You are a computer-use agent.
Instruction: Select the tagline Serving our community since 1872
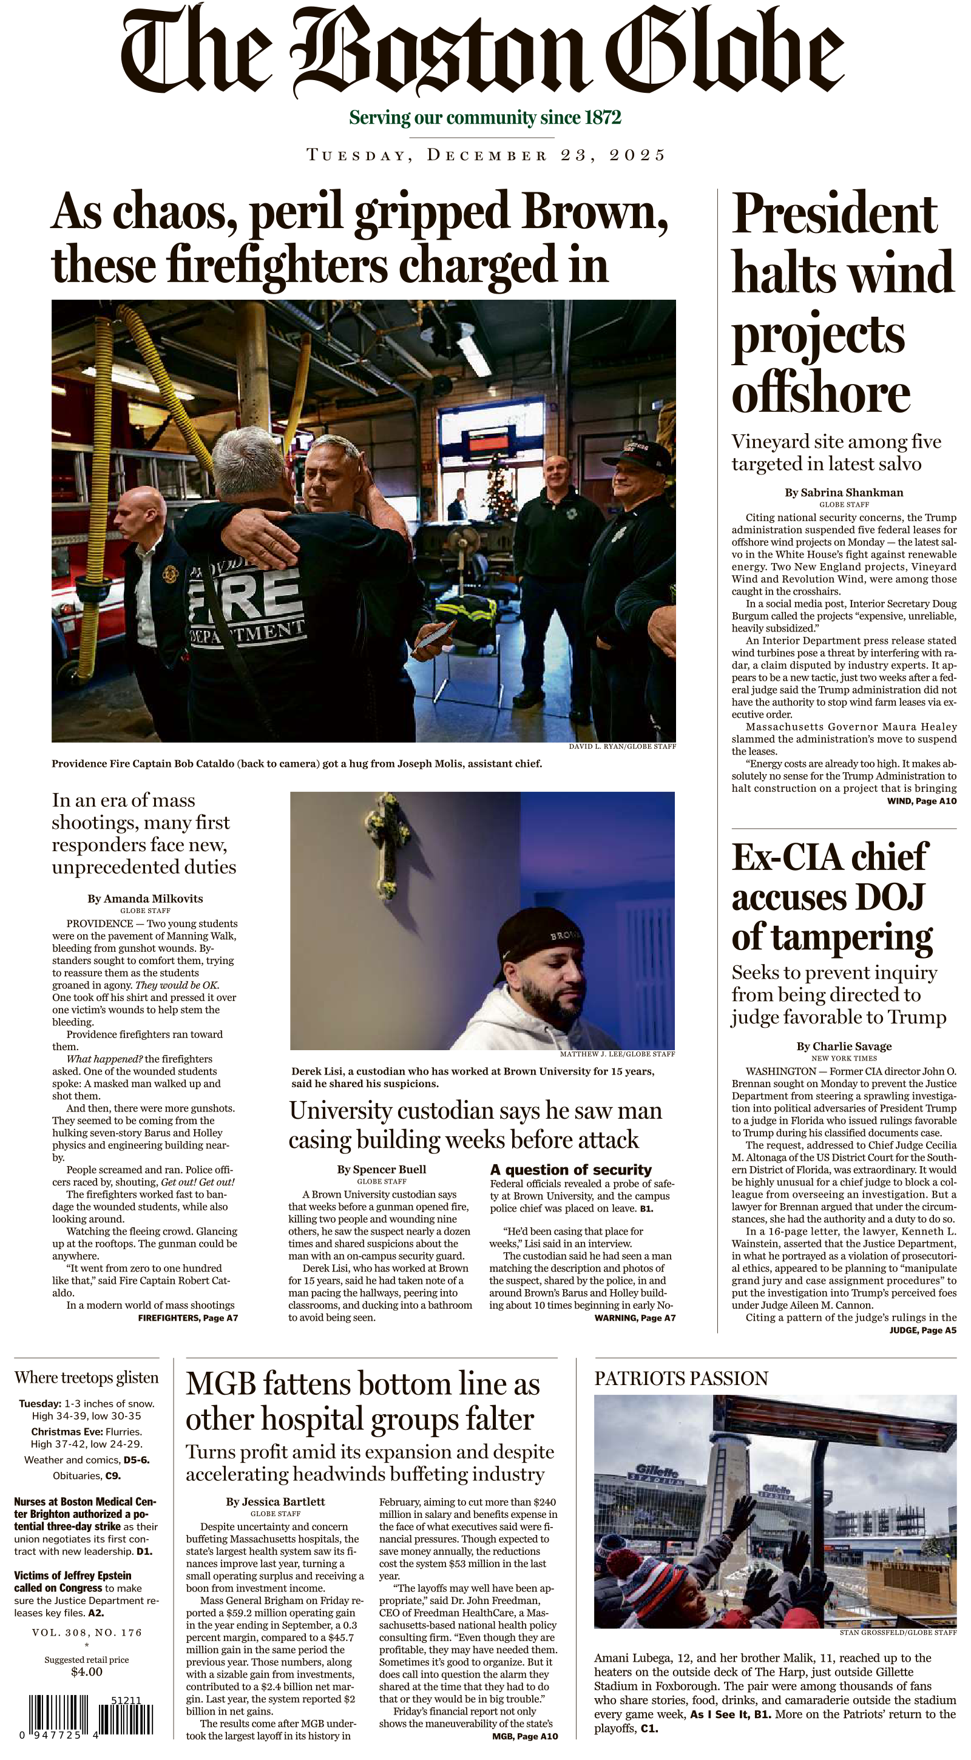pos(484,118)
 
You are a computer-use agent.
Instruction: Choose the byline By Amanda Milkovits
pos(145,899)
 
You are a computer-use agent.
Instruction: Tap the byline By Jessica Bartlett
pos(276,1502)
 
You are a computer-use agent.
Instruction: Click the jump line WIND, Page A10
pos(921,801)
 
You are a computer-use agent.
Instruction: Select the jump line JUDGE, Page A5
pos(922,1330)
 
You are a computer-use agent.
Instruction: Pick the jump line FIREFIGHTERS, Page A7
pos(188,1317)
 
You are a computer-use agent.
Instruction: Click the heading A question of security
pos(570,1170)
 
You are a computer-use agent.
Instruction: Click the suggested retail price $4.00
pos(87,1671)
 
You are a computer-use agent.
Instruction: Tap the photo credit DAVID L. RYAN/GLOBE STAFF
pos(622,747)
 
